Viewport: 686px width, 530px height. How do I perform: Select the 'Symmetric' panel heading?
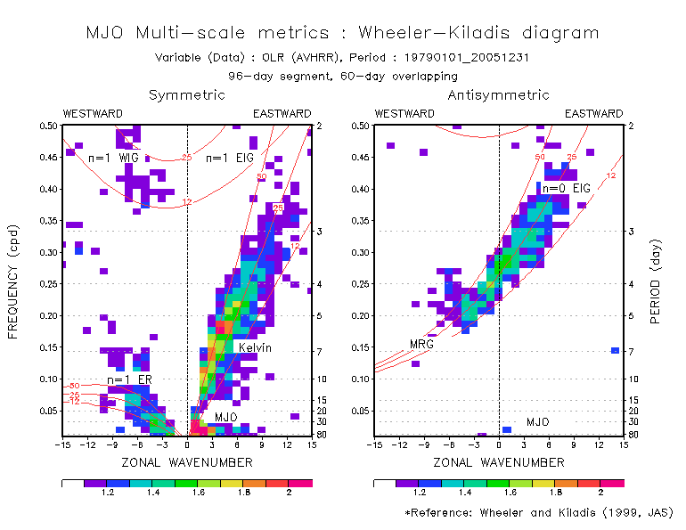coord(187,95)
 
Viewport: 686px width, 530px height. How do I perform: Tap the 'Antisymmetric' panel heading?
coord(498,95)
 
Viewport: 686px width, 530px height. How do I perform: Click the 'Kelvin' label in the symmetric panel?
coord(255,347)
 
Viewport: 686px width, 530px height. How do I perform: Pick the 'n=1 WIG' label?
coord(108,158)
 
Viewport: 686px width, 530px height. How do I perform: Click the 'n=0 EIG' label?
coord(568,188)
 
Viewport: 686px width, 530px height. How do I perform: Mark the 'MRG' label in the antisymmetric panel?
coord(421,344)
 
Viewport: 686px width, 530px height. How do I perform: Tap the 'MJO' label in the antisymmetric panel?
coord(538,421)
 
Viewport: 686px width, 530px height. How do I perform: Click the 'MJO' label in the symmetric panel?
coord(225,417)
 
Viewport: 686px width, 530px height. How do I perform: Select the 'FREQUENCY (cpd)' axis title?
coord(13,281)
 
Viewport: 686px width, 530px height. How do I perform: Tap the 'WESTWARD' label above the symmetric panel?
coord(94,114)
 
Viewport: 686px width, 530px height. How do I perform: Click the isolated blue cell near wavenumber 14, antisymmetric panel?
coord(615,350)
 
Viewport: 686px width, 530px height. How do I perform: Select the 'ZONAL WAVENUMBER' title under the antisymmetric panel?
coord(499,462)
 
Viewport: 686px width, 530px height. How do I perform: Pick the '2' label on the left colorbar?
coord(288,492)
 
